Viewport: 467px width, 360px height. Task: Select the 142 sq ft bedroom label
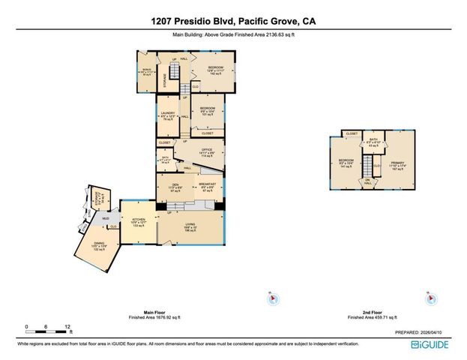click(x=216, y=70)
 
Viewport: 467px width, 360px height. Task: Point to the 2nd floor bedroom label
click(x=346, y=162)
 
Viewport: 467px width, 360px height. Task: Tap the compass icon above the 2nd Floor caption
click(x=428, y=298)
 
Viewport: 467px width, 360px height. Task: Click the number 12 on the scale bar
click(x=68, y=327)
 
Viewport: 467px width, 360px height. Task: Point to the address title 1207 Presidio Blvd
click(x=232, y=22)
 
